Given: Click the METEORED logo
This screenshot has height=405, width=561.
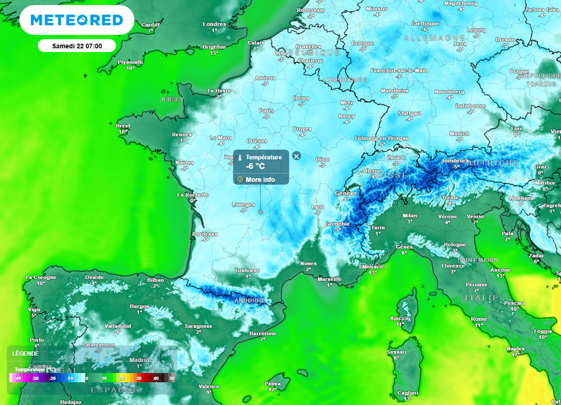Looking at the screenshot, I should tap(77, 20).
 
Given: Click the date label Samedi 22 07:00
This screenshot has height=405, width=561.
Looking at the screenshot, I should tap(77, 46).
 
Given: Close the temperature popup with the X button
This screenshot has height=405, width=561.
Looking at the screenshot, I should tap(296, 156).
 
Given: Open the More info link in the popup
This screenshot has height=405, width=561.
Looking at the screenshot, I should tap(260, 179).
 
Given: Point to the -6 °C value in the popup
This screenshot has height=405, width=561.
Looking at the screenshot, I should tap(256, 166).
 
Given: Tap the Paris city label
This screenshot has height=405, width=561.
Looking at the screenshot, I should tap(266, 110).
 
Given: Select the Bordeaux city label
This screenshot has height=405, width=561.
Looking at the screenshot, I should tap(205, 234).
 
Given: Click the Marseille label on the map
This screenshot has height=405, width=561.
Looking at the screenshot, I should tap(330, 279).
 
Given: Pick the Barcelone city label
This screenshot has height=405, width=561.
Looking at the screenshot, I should tap(262, 333).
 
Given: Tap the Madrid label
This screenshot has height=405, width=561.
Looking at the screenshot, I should tap(139, 360).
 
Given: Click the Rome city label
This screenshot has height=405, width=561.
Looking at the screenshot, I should tap(479, 319).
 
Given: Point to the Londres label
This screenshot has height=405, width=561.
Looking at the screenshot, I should tap(214, 24).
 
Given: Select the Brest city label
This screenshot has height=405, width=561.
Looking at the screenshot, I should tap(123, 126).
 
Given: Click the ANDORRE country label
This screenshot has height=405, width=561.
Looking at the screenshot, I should tap(250, 301).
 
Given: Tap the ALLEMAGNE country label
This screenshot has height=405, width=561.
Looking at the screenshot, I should tap(427, 38).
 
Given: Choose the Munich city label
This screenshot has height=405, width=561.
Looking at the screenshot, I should tap(459, 133).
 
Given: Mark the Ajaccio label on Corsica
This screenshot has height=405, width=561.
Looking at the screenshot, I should tap(399, 318).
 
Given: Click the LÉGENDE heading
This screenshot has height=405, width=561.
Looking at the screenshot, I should tap(26, 353).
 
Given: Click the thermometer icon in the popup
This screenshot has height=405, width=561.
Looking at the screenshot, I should tap(239, 157).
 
